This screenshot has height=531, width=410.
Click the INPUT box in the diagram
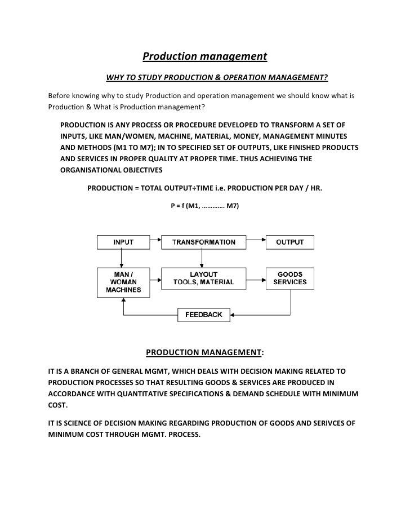(123, 242)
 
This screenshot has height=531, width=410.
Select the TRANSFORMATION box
(204, 242)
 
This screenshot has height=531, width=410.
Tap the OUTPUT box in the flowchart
(289, 242)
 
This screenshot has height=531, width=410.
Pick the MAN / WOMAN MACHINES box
(123, 282)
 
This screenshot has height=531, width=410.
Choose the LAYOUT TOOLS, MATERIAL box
(204, 278)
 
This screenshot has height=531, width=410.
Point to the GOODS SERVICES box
(289, 278)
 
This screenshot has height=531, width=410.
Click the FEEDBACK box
(204, 315)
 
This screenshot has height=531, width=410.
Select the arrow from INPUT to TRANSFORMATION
(155, 242)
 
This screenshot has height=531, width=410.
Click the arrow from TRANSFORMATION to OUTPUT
(256, 242)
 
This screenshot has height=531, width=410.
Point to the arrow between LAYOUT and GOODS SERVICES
(256, 278)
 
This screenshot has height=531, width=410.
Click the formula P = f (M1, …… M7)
(204, 206)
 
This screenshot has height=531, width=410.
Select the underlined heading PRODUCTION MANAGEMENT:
(204, 353)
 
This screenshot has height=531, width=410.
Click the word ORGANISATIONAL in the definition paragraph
(93, 169)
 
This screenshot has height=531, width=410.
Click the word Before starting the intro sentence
(61, 95)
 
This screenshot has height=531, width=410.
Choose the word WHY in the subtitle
(116, 77)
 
